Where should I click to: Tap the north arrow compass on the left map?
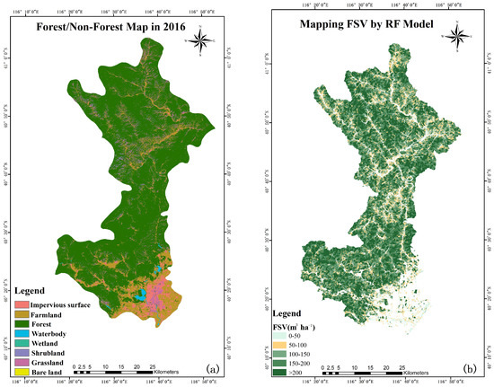204,39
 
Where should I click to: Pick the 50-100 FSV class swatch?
280,345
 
